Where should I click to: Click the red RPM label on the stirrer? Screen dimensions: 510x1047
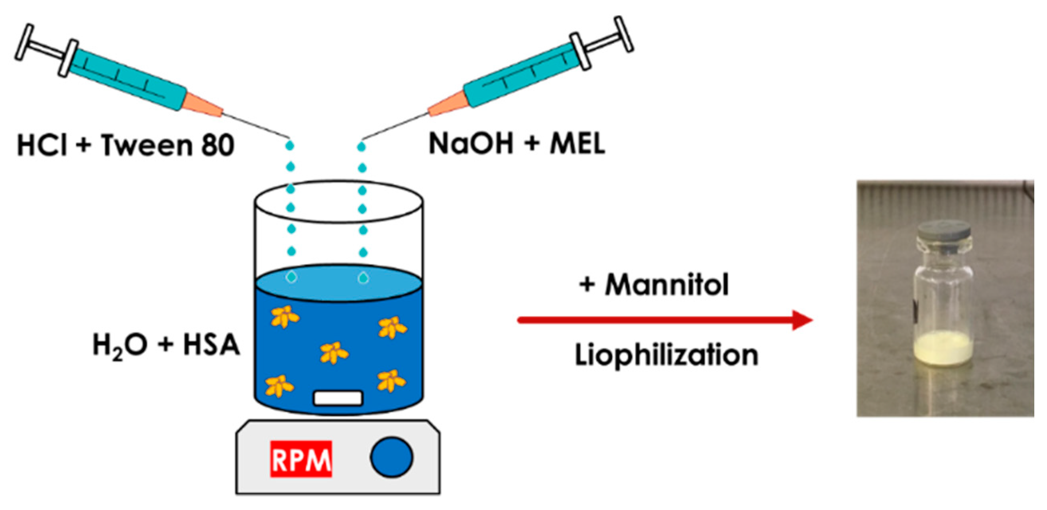(301, 459)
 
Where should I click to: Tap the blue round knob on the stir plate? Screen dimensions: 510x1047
(392, 457)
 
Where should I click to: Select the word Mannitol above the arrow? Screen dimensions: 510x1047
(667, 284)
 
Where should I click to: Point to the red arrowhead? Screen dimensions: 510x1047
(802, 320)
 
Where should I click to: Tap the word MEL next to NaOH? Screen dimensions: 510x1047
(578, 144)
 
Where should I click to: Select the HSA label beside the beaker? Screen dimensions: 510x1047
(211, 345)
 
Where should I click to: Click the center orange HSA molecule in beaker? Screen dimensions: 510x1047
(333, 352)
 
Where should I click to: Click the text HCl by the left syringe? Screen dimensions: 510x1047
(42, 145)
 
